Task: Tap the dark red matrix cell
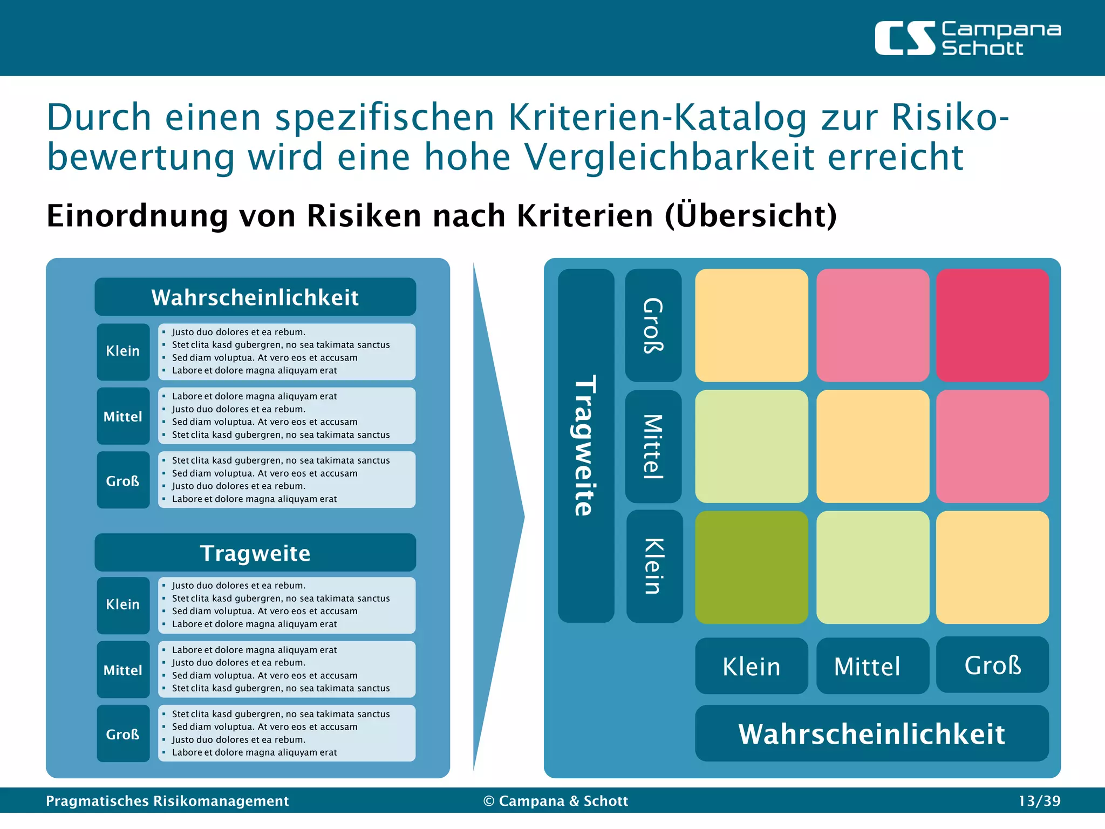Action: tap(992, 325)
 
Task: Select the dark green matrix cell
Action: tap(751, 567)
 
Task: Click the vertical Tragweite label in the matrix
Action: tap(586, 445)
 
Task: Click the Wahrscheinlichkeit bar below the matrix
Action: tap(871, 733)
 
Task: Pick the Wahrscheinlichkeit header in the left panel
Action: tap(255, 297)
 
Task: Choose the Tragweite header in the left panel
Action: tap(255, 553)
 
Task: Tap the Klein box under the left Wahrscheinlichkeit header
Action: tap(123, 351)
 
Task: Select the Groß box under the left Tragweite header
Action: tap(123, 733)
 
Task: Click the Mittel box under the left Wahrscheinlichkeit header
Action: tap(123, 416)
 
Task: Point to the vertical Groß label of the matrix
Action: tap(653, 325)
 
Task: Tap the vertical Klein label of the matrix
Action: tap(654, 566)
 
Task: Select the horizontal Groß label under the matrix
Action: tap(992, 665)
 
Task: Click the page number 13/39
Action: tap(1039, 801)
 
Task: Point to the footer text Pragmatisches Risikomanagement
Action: tap(167, 801)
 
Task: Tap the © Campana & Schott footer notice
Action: tap(556, 801)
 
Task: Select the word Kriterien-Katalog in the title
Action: tap(657, 117)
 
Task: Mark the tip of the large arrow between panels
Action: tap(523, 517)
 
